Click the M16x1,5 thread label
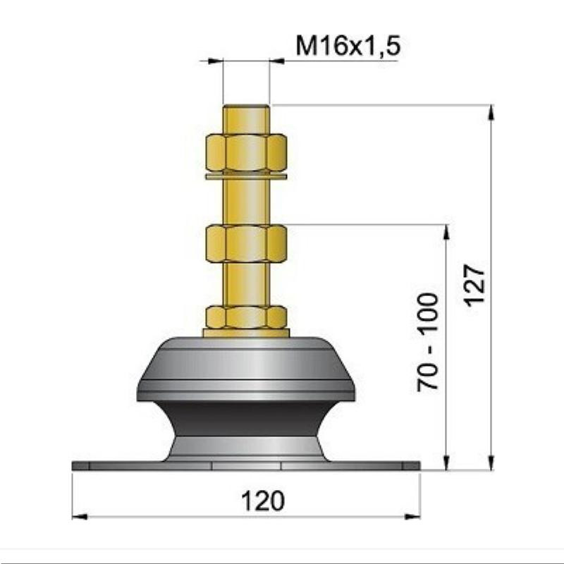click(x=348, y=46)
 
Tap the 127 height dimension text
click(x=474, y=286)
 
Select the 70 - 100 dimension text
click(x=428, y=342)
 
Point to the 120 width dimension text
click(x=263, y=501)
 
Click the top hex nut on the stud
click(x=246, y=152)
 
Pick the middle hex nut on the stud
click(x=246, y=243)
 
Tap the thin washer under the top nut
click(x=246, y=176)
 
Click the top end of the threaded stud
click(x=246, y=106)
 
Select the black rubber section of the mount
click(x=246, y=418)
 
